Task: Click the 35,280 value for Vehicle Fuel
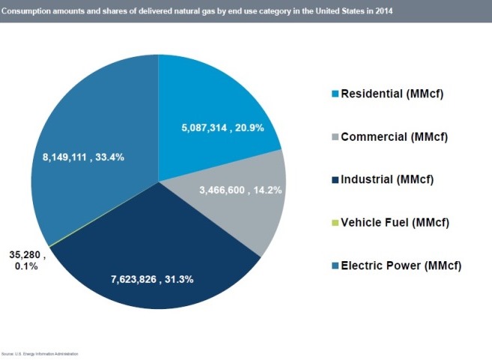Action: pos(29,254)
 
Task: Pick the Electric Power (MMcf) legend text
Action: pos(401,265)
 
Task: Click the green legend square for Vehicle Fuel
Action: pos(335,222)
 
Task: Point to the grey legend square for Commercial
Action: pos(335,137)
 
